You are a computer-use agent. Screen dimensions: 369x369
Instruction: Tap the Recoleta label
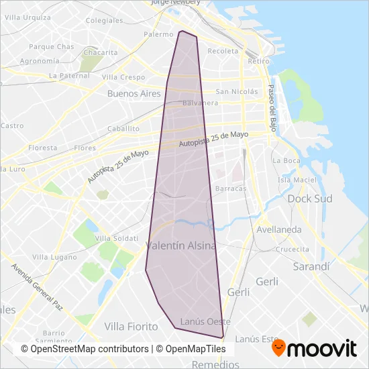223,51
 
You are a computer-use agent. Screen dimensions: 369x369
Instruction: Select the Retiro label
258,61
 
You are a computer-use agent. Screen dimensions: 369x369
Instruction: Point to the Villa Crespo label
123,77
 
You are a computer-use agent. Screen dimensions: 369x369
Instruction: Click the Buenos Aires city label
134,94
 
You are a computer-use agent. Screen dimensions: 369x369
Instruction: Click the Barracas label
231,189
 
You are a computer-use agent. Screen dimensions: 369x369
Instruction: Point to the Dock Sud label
306,199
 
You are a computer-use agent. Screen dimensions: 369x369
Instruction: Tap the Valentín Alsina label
181,246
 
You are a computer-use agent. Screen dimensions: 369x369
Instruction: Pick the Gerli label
238,292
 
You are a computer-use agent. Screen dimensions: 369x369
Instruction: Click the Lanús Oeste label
201,321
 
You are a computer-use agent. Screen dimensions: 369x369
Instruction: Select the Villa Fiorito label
131,326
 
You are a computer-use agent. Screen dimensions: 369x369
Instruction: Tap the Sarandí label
312,266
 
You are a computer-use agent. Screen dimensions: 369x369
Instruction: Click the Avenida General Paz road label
37,286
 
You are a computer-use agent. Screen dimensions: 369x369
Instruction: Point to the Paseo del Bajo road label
272,109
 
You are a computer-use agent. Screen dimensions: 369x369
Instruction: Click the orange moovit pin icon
279,348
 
